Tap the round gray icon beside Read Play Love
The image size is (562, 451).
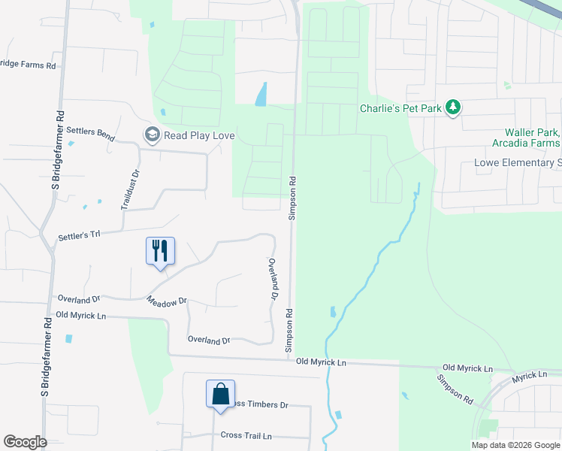click(152, 135)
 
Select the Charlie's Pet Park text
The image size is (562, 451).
click(400, 108)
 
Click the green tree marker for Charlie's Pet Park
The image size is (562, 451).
click(452, 108)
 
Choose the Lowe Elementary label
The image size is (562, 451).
click(518, 162)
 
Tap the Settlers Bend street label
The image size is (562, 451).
click(90, 135)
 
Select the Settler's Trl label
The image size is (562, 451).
click(79, 237)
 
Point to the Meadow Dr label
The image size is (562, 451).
click(167, 301)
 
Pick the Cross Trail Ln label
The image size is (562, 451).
click(246, 435)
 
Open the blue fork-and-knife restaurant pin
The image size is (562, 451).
click(160, 250)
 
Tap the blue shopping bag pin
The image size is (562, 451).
click(221, 394)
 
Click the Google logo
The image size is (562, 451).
click(25, 442)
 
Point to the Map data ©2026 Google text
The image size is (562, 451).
click(515, 445)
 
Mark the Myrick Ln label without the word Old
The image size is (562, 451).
click(531, 374)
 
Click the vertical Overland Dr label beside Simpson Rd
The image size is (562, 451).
click(274, 280)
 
